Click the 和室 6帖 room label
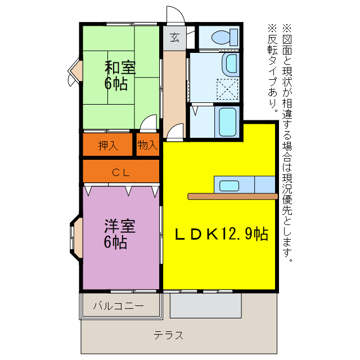pos(119,75)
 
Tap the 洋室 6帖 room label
pos(119,234)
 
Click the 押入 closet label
pos(108,145)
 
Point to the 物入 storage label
pos(147,145)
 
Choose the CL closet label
pos(120,172)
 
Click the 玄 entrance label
pos(174,38)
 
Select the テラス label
pos(169,336)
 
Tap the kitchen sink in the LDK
pos(229,185)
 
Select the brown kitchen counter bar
pos(232,196)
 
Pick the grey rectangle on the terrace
pos(205,305)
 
